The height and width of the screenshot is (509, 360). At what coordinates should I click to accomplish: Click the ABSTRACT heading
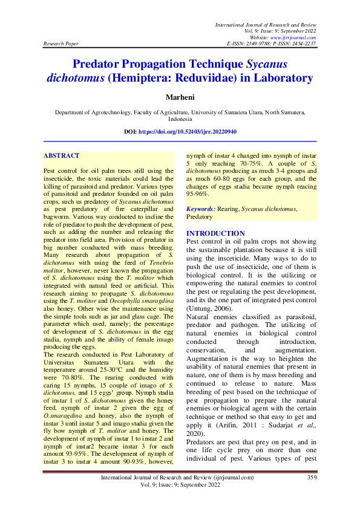point(61,156)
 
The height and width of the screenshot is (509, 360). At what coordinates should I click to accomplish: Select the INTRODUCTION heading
point(215,233)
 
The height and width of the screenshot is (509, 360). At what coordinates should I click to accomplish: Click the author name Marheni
point(180,97)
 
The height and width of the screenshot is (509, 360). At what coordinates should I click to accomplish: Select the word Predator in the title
point(99,63)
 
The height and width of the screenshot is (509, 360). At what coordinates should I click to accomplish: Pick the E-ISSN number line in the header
point(271,44)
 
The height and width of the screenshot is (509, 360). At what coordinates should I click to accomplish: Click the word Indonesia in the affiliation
point(180,120)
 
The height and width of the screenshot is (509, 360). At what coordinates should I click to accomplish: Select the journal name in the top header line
point(265,24)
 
